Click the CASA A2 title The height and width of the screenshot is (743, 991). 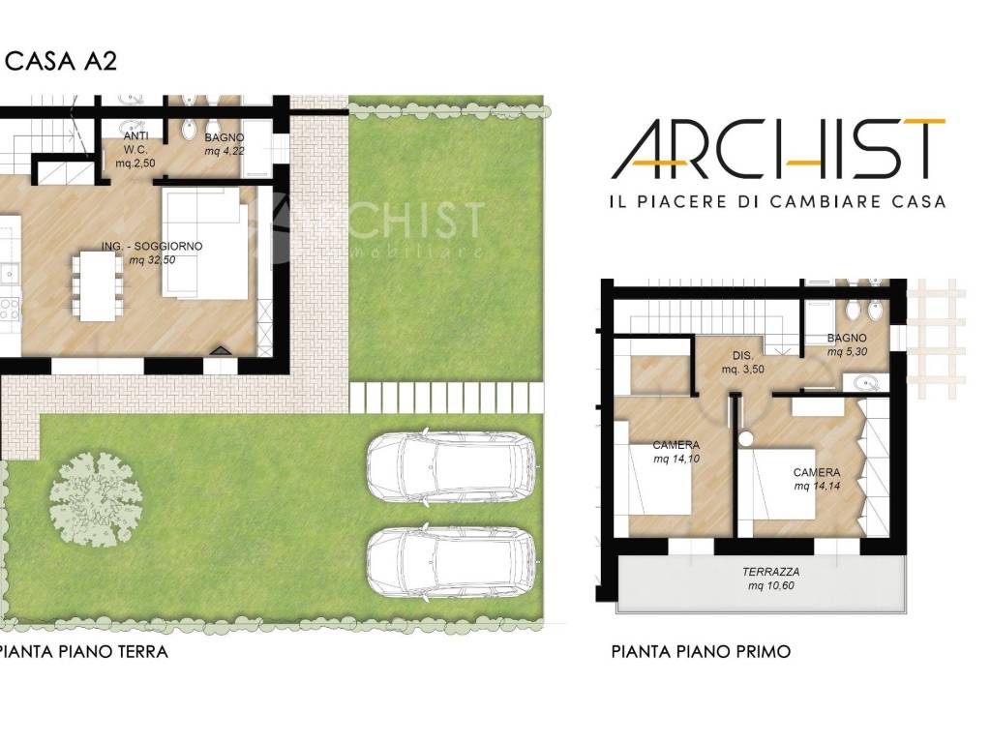pyautogui.click(x=61, y=61)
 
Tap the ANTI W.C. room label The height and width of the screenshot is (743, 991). pyautogui.click(x=135, y=150)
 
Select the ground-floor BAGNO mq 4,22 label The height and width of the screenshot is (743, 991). pyautogui.click(x=225, y=144)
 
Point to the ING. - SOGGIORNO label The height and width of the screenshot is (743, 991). pyautogui.click(x=152, y=253)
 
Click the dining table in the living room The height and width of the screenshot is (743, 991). pyautogui.click(x=98, y=286)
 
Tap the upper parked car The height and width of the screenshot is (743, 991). pyautogui.click(x=451, y=467)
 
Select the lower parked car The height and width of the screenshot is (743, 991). pyautogui.click(x=451, y=562)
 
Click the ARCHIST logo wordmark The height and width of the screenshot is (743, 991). pyautogui.click(x=778, y=148)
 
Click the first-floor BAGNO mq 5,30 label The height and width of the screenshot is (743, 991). pyautogui.click(x=847, y=345)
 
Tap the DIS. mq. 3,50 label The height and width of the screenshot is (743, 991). pyautogui.click(x=742, y=363)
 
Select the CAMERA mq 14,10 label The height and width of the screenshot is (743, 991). pyautogui.click(x=676, y=452)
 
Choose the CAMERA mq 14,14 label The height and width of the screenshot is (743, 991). pyautogui.click(x=817, y=479)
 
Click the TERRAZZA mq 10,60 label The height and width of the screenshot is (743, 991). pyautogui.click(x=771, y=579)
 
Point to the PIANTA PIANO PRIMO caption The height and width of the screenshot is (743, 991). pyautogui.click(x=701, y=651)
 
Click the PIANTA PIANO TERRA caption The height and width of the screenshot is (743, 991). pyautogui.click(x=84, y=651)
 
